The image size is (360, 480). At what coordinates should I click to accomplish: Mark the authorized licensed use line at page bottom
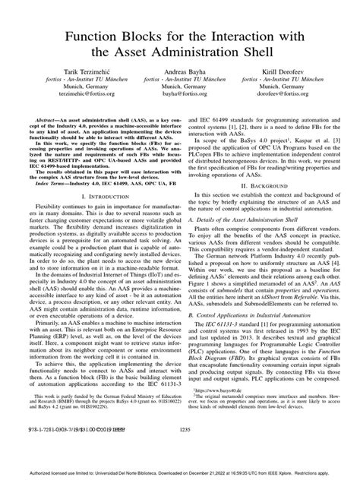point(180,472)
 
